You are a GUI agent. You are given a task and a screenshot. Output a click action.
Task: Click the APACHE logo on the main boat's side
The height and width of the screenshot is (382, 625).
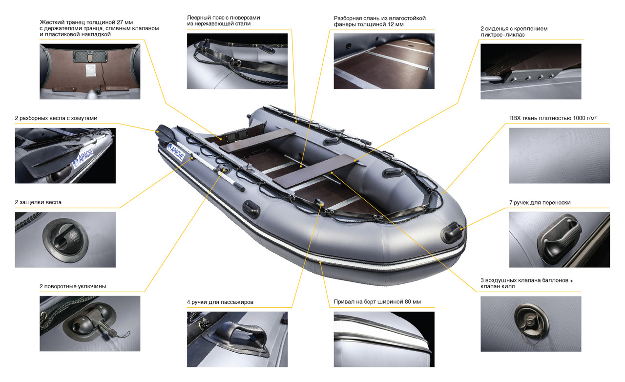pos(175,152)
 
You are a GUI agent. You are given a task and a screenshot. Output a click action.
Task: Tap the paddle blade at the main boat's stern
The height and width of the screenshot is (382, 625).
pos(165,132)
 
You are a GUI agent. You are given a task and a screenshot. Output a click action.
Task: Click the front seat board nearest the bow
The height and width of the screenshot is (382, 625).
pos(314,170)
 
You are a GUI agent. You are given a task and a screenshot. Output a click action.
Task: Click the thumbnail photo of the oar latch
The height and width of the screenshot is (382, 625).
pos(65,239)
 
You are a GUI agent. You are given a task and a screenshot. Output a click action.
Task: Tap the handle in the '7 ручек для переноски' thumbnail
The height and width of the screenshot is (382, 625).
pos(559,239)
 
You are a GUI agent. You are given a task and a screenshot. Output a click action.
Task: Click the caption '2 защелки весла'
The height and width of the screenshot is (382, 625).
pos(38,202)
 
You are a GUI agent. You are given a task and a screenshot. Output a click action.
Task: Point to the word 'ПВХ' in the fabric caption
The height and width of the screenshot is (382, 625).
pos(515,118)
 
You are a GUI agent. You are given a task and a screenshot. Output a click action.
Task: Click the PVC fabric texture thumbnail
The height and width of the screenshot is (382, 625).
pos(560,155)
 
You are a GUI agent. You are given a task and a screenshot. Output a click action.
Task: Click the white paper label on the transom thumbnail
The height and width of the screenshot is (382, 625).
pos(90,70)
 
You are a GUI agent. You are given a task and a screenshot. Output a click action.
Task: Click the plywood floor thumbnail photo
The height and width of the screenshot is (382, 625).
pos(384,61)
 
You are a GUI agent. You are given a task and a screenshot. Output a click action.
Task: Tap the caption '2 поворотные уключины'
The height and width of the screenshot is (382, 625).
pos(73,286)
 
